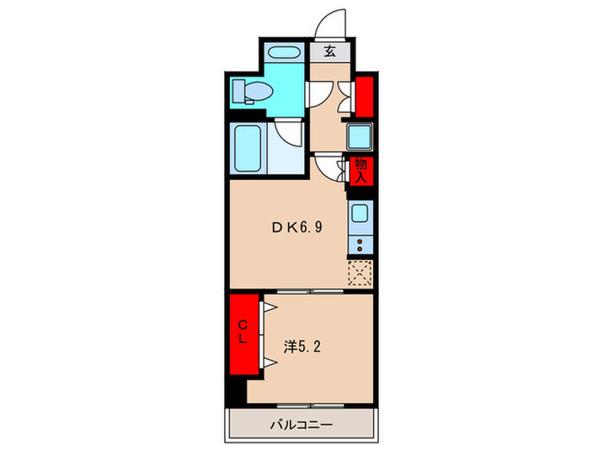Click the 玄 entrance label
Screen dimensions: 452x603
click(x=330, y=52)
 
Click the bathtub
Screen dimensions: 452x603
click(x=248, y=147)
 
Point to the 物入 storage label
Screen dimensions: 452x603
click(x=361, y=169)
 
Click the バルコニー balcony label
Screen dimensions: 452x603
click(x=301, y=424)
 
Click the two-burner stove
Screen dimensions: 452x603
click(x=360, y=244)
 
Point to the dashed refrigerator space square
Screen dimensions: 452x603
click(x=359, y=274)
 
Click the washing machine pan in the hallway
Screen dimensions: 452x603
click(x=358, y=137)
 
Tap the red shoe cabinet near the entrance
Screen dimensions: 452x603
click(x=364, y=96)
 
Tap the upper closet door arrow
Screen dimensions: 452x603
click(x=269, y=306)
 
